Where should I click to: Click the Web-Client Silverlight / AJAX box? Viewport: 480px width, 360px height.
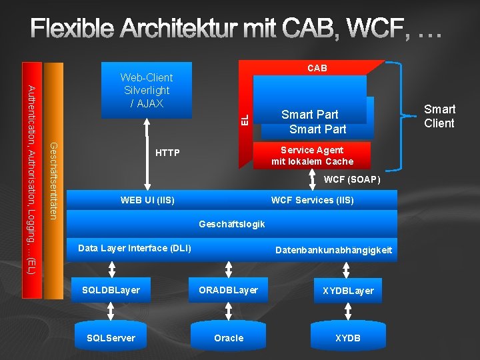146,90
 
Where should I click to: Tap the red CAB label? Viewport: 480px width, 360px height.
317,68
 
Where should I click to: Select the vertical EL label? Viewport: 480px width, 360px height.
245,119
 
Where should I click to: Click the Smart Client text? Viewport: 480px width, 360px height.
439,116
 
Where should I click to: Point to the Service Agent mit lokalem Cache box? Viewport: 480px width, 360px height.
312,155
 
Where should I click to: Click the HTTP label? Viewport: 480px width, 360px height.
167,153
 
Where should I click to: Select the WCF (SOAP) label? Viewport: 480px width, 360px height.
351,180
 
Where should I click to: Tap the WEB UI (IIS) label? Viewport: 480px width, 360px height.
147,200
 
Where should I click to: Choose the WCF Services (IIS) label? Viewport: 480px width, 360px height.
312,200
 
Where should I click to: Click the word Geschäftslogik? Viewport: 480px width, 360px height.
232,224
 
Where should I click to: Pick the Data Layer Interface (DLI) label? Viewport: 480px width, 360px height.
135,248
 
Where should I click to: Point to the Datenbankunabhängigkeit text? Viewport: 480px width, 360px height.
333,251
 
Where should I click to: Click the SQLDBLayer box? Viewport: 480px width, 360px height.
111,290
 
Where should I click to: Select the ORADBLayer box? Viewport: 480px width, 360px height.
228,290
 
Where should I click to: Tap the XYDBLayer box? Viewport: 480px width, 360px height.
348,291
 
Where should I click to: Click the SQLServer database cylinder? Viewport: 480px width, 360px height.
111,337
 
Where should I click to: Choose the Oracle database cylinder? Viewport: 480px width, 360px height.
229,337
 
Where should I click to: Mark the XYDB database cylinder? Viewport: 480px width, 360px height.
348,337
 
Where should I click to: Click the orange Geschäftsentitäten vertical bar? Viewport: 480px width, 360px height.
54,180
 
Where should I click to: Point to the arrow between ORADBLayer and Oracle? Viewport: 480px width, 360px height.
229,313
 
